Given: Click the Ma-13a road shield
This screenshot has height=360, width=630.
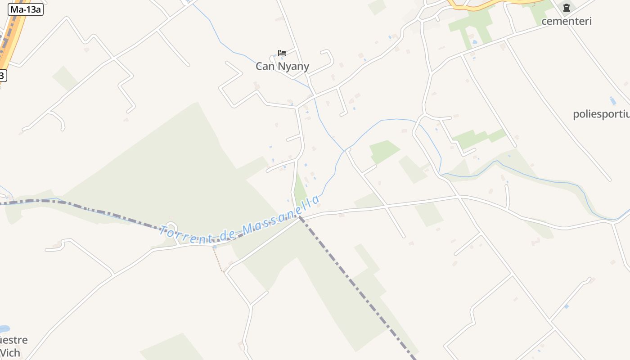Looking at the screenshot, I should (x=25, y=9).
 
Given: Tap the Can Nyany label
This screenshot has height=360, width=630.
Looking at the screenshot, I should (x=282, y=67).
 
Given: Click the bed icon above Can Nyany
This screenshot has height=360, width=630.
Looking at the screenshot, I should (x=282, y=53).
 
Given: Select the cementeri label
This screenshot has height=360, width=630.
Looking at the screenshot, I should (x=566, y=21).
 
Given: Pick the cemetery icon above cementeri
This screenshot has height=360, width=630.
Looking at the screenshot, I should (x=566, y=8).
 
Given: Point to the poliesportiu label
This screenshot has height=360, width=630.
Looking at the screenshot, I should (x=601, y=114).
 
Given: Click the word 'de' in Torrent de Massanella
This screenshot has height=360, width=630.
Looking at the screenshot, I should (x=227, y=233).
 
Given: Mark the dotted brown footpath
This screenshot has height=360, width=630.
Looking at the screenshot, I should (x=218, y=260).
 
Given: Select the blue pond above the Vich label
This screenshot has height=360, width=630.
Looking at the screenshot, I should (x=4, y=329).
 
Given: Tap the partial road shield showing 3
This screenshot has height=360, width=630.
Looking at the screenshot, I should (x=3, y=75).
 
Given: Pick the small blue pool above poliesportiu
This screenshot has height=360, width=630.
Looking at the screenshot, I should (x=612, y=100).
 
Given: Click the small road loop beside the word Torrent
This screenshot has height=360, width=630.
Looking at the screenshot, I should (x=171, y=227).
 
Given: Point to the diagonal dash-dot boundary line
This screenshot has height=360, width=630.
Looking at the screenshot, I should (x=355, y=283).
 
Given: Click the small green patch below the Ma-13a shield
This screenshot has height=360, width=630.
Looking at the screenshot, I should (x=66, y=78).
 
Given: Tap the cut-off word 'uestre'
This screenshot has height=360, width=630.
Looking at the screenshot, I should (x=13, y=340).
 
